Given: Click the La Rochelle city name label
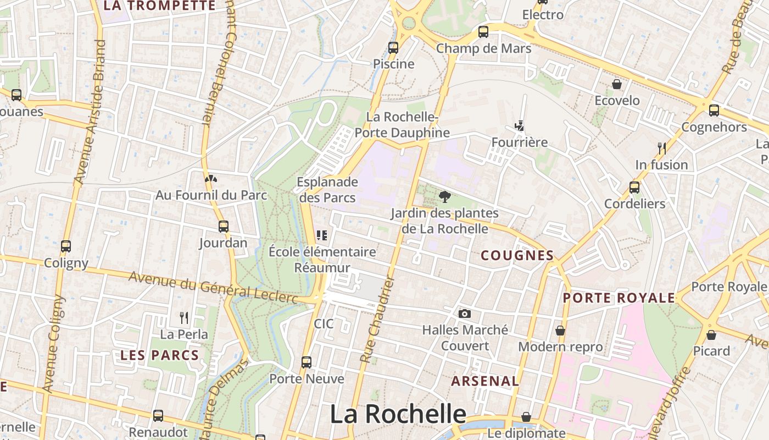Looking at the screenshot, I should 398,414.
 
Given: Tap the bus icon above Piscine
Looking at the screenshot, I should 393,47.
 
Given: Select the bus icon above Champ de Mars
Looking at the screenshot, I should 483,32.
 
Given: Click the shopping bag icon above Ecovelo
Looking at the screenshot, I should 617,84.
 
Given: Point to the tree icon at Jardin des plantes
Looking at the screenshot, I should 444,196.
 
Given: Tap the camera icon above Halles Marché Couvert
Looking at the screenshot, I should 464,313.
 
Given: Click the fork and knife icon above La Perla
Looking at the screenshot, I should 184,317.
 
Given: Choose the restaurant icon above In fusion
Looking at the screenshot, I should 661,148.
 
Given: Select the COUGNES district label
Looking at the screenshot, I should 517,255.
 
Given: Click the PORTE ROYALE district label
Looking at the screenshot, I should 618,298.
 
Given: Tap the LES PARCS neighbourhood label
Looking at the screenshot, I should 159,355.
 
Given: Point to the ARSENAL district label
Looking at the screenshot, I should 485,381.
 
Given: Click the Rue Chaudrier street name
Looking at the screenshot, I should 378,320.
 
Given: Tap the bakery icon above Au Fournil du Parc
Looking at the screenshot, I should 210,178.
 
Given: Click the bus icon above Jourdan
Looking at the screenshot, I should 223,226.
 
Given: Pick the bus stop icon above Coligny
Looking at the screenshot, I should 66,246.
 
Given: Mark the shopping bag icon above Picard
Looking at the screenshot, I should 711,334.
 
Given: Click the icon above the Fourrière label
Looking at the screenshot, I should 519,126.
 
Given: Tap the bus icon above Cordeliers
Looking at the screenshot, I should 634,187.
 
